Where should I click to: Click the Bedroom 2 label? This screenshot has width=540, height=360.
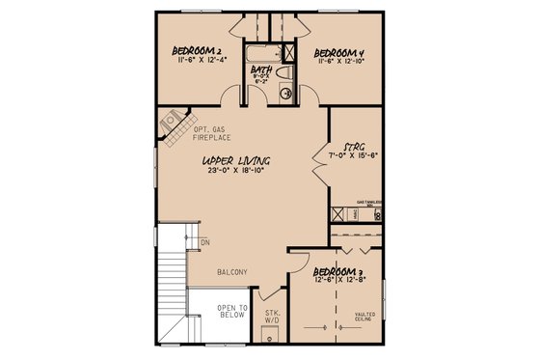pyautogui.click(x=198, y=50)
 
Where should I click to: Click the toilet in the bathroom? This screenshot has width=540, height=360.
pyautogui.click(x=285, y=72)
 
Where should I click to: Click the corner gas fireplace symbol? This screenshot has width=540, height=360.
pyautogui.click(x=172, y=123)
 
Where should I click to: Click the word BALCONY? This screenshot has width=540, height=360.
pyautogui.click(x=231, y=273)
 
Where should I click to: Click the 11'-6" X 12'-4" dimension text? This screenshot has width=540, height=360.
pyautogui.click(x=198, y=62)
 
